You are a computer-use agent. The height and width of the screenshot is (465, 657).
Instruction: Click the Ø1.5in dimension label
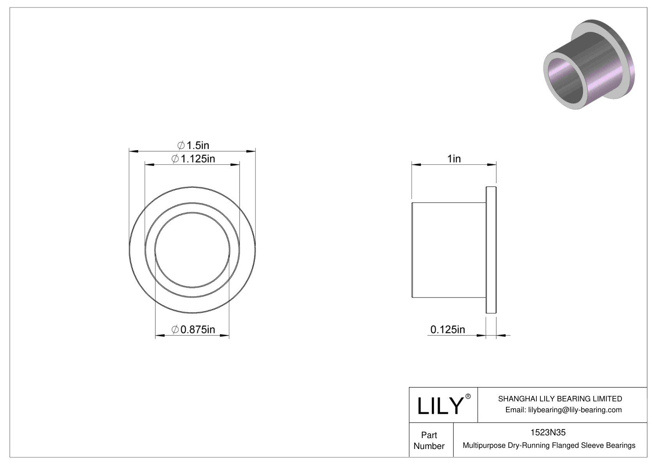coord(193,146)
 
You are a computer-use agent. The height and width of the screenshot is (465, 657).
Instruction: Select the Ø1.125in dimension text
coord(193,159)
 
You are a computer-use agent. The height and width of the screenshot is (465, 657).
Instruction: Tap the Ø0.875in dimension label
coord(193,330)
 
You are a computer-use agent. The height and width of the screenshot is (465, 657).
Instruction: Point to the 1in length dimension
coord(454,159)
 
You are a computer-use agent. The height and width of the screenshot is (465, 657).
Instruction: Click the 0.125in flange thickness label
coord(447,330)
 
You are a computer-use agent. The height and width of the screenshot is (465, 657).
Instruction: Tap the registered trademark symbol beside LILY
coord(468,397)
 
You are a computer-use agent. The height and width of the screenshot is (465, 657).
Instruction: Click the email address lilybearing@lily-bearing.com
coord(575,410)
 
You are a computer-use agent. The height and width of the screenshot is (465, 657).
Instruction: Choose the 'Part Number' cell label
coord(429,440)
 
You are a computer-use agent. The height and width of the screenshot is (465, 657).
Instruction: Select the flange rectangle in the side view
coord(491,250)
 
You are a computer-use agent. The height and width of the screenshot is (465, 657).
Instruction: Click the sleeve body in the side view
coord(449,250)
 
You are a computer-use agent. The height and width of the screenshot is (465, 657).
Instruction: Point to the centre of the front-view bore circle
coord(192,250)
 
